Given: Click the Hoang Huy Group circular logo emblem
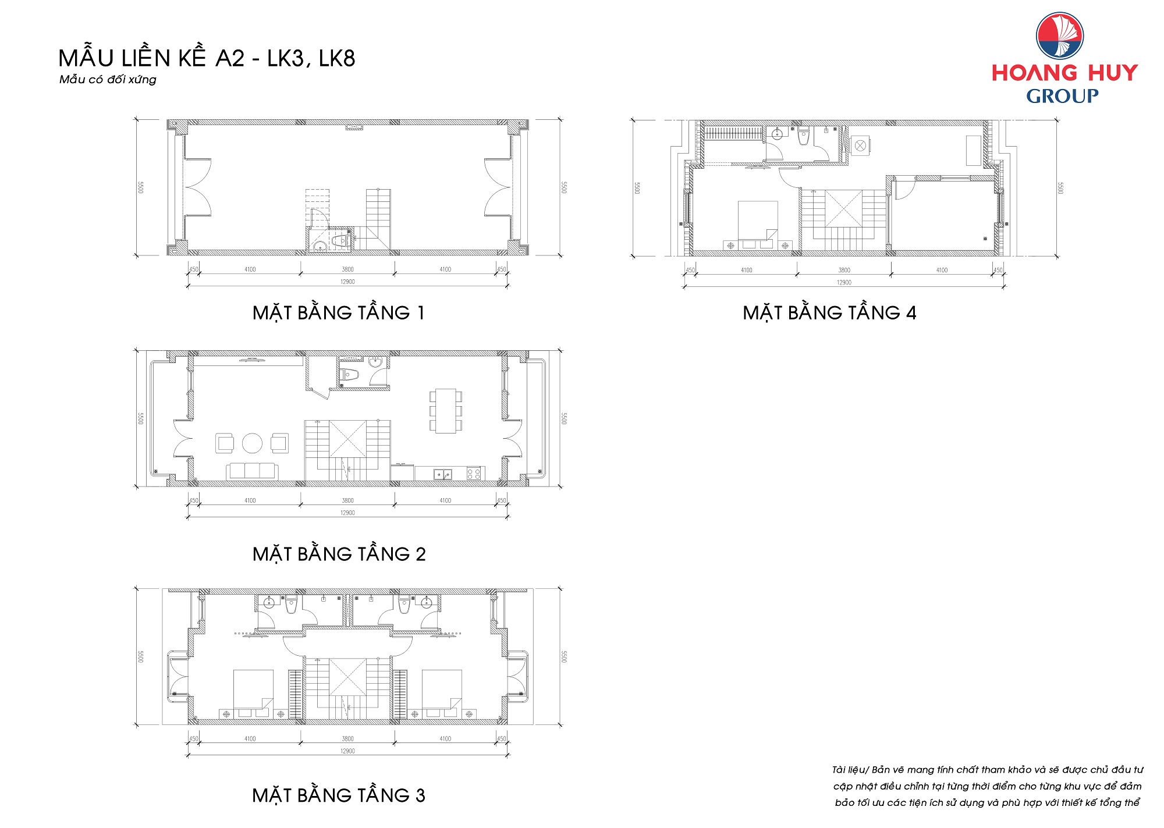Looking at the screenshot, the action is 1059,35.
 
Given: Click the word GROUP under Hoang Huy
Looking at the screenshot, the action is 1062,96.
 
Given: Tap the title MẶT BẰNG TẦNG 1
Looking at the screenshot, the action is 339,312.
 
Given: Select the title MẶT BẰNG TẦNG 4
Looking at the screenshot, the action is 829,312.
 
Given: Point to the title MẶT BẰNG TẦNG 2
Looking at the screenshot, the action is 339,553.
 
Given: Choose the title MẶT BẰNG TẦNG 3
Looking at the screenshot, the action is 339,795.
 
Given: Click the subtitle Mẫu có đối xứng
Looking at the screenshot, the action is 108,80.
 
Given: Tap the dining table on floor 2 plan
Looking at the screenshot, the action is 446,411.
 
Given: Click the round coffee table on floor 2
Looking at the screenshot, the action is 252,443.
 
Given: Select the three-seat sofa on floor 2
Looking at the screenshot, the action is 252,471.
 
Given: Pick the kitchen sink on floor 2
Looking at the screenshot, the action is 442,474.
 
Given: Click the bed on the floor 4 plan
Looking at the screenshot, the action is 758,221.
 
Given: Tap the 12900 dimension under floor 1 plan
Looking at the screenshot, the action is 347,282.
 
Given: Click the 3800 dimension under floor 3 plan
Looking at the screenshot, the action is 347,739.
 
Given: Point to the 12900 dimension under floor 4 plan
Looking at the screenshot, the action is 844,283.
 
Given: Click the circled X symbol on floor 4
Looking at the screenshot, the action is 860,146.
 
